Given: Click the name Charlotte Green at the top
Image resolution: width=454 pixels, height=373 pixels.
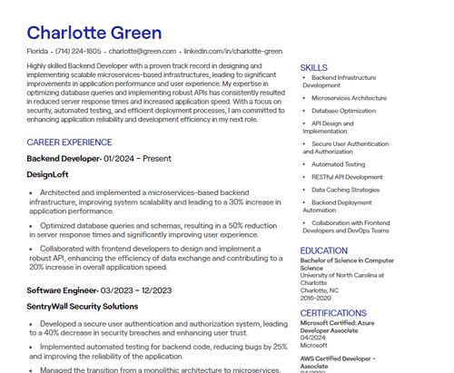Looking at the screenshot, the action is [x=94, y=33].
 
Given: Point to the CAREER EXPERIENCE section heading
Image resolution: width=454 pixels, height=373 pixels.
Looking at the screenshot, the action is [x=69, y=142].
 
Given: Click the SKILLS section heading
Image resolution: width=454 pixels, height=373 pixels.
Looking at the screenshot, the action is [x=314, y=68].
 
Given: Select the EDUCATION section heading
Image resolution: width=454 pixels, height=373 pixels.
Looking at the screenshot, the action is [x=324, y=250].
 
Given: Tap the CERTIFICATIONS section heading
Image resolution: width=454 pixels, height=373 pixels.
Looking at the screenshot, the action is [x=333, y=313].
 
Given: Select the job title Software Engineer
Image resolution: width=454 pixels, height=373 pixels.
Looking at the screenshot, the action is [x=61, y=290].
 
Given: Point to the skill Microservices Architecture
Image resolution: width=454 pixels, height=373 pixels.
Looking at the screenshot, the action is [x=349, y=98].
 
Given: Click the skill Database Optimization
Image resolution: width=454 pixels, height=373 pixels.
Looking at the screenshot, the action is [x=343, y=110].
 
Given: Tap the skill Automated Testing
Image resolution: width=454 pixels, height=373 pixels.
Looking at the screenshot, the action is [x=339, y=164].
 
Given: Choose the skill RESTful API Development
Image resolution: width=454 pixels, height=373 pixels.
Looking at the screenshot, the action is [x=348, y=177].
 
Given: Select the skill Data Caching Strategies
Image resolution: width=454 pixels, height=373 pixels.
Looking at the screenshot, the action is [x=346, y=190].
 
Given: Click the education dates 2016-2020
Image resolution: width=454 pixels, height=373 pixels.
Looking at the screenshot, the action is [x=317, y=297].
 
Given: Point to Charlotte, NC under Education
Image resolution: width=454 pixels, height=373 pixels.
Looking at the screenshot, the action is [x=321, y=290].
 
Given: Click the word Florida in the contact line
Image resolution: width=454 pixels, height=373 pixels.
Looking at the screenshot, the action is [x=37, y=52].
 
